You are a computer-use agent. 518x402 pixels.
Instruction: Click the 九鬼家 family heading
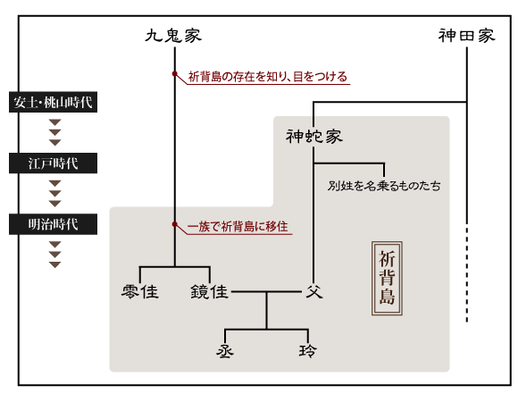[173, 36]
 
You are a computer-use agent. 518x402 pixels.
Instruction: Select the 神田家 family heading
[467, 36]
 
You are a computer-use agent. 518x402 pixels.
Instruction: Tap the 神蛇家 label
[313, 137]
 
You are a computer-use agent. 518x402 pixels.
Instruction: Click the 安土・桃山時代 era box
[53, 102]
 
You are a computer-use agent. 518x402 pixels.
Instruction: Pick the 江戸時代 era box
[53, 163]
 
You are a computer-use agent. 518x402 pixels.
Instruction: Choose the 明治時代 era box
[53, 224]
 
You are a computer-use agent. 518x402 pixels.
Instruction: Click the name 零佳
[140, 291]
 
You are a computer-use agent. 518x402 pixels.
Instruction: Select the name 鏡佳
[210, 291]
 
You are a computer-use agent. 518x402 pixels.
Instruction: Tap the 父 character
[314, 291]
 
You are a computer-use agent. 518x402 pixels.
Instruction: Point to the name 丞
[225, 351]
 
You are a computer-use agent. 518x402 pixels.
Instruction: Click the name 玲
[308, 351]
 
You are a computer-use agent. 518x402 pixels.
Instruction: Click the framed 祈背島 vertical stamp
[387, 278]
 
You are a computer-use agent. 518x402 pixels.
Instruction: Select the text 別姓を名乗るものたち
[384, 186]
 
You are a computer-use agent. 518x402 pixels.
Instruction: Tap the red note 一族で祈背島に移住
[238, 227]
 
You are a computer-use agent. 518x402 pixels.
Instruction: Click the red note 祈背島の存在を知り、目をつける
[268, 77]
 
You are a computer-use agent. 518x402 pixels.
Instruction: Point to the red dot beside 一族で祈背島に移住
[175, 224]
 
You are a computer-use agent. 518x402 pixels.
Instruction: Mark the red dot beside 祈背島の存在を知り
[175, 73]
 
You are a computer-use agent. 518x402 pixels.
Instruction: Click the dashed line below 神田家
[467, 274]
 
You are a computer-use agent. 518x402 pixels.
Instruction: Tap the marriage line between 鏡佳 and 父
[266, 291]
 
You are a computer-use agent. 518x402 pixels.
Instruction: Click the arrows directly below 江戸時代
[54, 194]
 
